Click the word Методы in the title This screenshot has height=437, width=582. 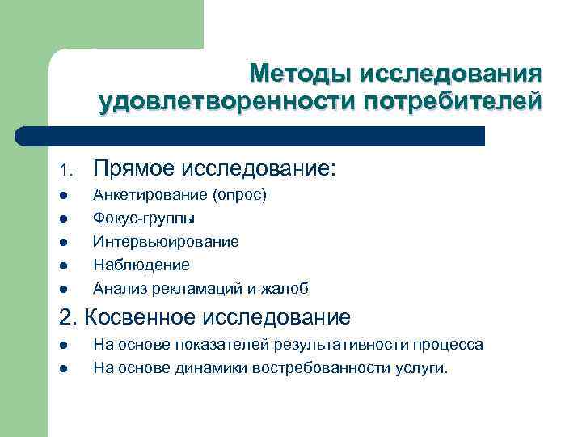point(299,74)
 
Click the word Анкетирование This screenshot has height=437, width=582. point(150,195)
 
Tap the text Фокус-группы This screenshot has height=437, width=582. point(144,218)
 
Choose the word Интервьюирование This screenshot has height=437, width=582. point(166,242)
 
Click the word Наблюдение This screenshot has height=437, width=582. point(141,265)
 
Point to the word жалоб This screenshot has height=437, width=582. point(287,288)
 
